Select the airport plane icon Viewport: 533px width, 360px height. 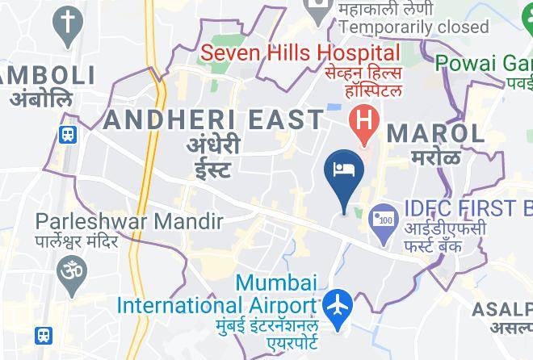(338, 307)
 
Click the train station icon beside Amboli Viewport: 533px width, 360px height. (69, 135)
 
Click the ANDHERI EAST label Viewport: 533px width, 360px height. (214, 120)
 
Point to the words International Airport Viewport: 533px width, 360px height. (216, 306)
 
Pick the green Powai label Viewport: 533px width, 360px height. (483, 62)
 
